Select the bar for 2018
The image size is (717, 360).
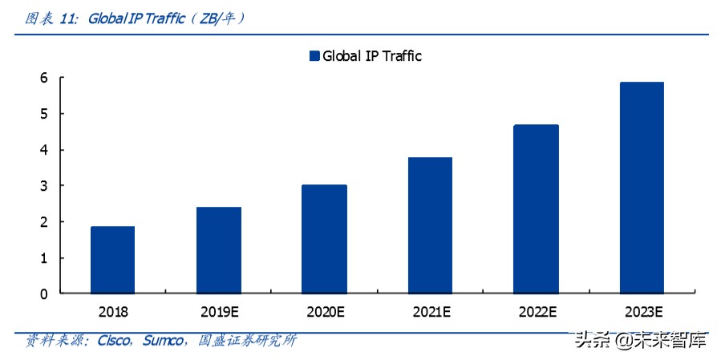(112, 260)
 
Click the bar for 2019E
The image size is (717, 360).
(218, 250)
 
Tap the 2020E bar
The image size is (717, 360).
(324, 239)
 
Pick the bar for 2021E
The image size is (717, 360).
(430, 225)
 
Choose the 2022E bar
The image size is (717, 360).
(536, 209)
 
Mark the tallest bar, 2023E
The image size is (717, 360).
(642, 188)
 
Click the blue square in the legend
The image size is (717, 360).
(314, 56)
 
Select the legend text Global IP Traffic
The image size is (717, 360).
(372, 56)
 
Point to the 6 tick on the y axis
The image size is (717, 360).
(43, 78)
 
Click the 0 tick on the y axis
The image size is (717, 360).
(43, 294)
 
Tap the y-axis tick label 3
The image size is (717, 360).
(43, 186)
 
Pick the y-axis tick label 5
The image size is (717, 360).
(43, 114)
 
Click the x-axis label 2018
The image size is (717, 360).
(112, 311)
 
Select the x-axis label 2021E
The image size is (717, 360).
(430, 311)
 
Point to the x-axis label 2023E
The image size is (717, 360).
(642, 311)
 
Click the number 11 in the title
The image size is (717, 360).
(68, 18)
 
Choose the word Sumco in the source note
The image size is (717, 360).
(164, 341)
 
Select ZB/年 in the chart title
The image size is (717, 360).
(214, 18)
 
